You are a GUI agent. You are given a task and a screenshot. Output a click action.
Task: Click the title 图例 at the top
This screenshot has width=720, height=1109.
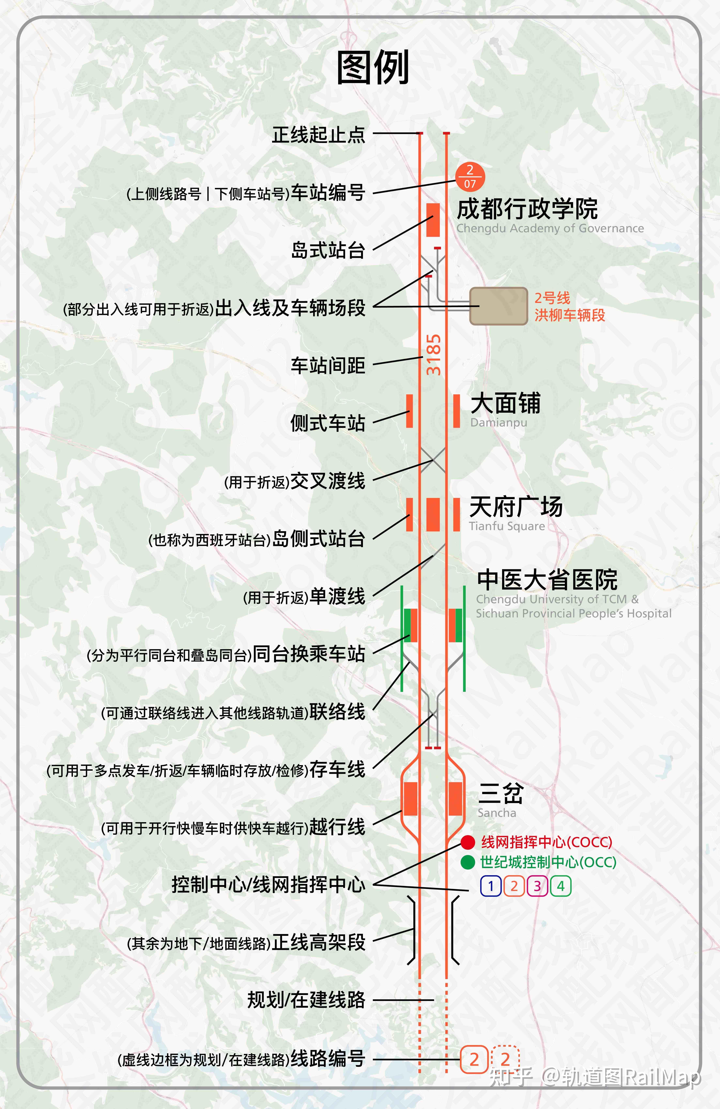coord(373,68)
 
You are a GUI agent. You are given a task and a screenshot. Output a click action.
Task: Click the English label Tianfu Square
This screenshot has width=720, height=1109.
coord(507,526)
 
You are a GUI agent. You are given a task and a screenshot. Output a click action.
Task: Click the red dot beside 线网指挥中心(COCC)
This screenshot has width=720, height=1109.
coord(468,842)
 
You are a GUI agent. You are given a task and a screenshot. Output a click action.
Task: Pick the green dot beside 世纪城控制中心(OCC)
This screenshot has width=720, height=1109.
coord(468,862)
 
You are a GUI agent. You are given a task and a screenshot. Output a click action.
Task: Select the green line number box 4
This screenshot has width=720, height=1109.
coord(561,886)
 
